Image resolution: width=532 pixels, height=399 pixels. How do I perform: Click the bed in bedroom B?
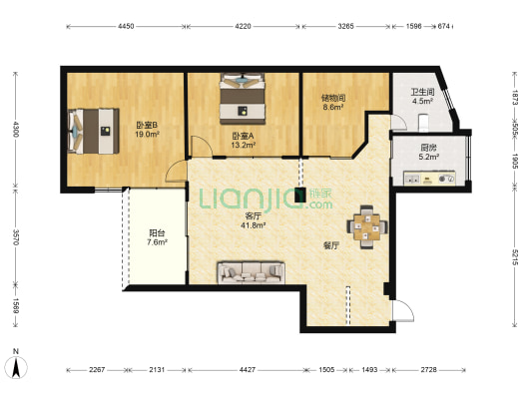click(94, 131)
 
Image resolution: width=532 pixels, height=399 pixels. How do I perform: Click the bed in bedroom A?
click(243, 99)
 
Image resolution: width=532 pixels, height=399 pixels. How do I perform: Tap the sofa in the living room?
click(252, 272)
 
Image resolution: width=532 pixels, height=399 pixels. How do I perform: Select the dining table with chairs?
click(367, 227)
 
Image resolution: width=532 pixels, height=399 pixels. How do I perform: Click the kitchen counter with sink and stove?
click(429, 179)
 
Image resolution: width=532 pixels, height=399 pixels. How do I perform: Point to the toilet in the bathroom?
click(424, 123)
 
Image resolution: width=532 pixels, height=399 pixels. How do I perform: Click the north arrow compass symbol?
click(16, 364)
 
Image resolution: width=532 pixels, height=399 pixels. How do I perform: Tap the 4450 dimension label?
click(126, 26)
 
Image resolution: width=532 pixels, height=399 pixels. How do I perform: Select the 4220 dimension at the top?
click(243, 26)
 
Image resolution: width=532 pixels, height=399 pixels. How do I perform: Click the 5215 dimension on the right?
click(515, 257)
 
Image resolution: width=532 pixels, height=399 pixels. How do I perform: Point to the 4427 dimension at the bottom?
click(248, 369)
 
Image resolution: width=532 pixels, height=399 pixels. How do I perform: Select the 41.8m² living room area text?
click(254, 225)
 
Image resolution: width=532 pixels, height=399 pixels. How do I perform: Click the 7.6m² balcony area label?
click(157, 242)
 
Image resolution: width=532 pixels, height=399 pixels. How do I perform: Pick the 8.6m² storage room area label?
click(332, 107)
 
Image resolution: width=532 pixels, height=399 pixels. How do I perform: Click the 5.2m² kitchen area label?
click(429, 157)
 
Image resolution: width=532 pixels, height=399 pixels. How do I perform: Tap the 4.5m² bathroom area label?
click(422, 101)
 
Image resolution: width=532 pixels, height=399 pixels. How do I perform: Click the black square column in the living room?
click(299, 195)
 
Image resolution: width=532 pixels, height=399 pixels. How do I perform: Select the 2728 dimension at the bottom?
click(429, 369)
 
